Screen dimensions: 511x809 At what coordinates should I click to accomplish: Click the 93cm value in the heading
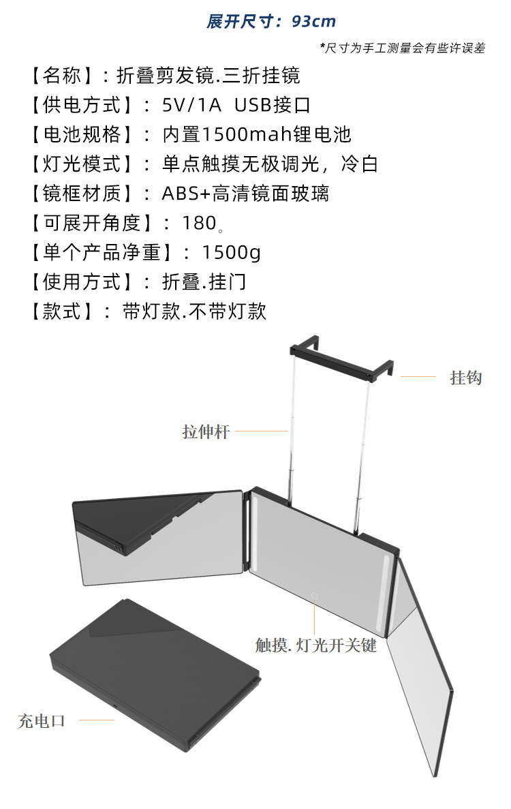point(314,21)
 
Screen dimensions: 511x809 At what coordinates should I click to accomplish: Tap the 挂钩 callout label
point(466,377)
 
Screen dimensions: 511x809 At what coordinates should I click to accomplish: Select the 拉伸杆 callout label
point(206,431)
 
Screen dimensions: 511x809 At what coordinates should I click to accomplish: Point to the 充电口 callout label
point(41,720)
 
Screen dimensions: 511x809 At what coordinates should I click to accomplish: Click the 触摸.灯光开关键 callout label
point(316,645)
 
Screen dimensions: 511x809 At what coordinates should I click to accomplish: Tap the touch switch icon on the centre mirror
point(315,596)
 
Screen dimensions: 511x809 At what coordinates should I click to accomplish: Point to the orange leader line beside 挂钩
point(418,376)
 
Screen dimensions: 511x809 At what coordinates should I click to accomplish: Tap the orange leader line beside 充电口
point(96,720)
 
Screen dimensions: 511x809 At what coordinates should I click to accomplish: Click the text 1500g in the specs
point(231,252)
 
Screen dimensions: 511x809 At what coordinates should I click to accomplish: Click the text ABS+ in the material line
point(186,194)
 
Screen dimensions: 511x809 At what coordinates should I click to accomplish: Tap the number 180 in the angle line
point(199,223)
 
